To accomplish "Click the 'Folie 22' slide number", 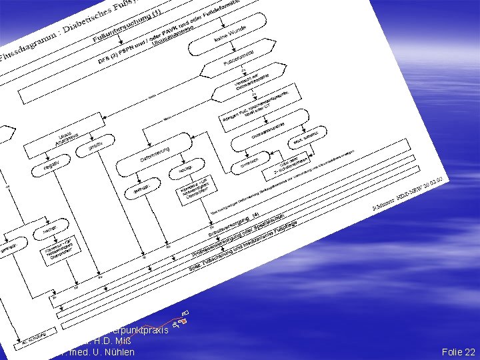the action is tap(459, 352).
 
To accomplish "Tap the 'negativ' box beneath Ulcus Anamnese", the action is tap(51, 163).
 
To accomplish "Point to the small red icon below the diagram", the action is tap(181, 319).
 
